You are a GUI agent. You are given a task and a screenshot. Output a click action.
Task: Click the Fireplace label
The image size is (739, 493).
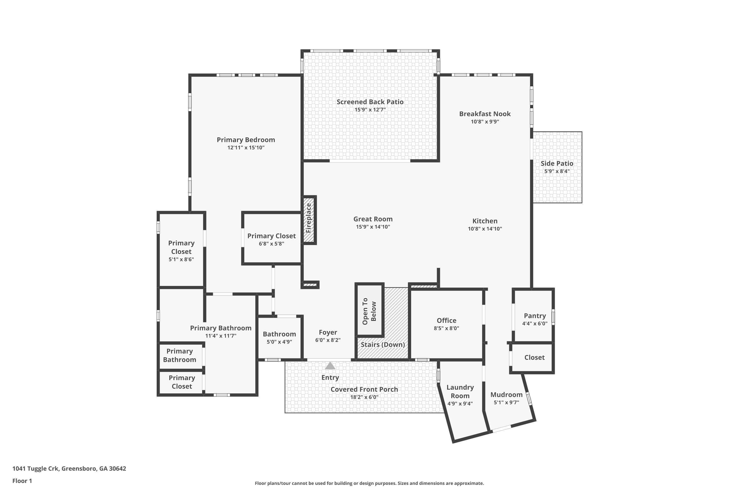[309, 218]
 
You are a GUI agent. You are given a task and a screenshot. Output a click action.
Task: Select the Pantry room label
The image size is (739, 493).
[535, 316]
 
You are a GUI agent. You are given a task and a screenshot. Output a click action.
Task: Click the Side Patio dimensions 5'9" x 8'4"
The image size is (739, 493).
[557, 171]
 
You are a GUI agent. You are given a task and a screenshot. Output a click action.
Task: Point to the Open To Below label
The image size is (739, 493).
[369, 311]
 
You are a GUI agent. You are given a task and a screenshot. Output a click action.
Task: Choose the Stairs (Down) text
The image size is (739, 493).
[383, 345]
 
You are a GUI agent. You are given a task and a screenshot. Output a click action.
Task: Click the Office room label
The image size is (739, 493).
[446, 320]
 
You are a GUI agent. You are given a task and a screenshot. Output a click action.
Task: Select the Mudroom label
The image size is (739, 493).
[506, 395]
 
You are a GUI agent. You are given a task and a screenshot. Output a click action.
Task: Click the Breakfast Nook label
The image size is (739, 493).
[485, 114]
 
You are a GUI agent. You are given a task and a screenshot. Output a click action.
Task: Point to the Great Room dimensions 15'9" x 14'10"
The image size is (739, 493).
[373, 227]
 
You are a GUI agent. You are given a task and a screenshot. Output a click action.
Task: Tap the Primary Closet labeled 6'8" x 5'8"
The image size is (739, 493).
[271, 236]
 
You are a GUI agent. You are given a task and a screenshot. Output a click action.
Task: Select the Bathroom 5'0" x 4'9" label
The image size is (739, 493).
[279, 334]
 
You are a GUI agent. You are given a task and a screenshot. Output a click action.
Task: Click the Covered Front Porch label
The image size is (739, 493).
[364, 389]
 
